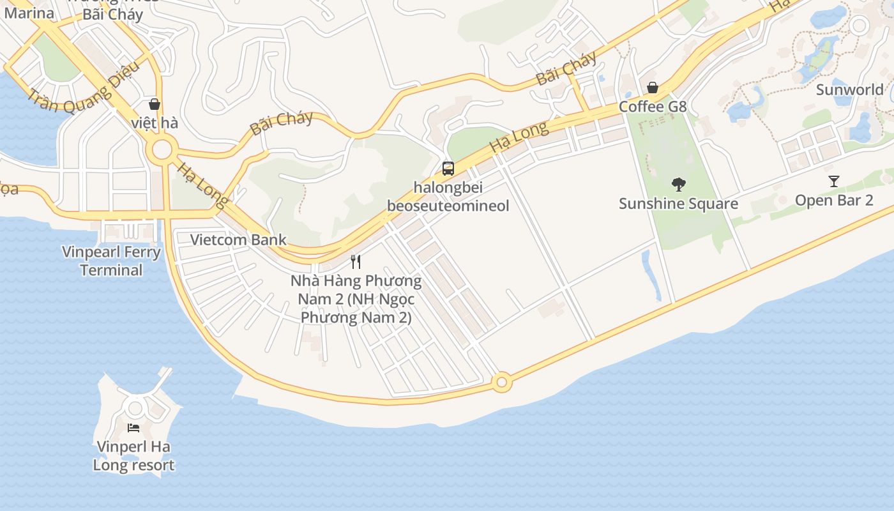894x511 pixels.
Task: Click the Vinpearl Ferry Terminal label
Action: tap(112, 261)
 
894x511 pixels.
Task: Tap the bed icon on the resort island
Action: tap(133, 427)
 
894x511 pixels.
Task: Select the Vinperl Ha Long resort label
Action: tap(133, 455)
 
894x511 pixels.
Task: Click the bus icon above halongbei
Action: tap(448, 169)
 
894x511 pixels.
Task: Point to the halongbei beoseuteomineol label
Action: tap(448, 196)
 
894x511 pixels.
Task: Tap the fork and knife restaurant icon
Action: tap(356, 261)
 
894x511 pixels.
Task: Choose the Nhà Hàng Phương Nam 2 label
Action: tap(356, 299)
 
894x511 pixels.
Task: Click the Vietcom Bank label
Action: tap(238, 240)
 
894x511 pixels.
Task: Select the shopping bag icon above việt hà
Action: tap(154, 104)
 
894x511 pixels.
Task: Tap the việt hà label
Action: tap(154, 122)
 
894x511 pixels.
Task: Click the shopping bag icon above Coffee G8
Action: tap(653, 88)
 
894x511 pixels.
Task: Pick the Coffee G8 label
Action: tap(653, 106)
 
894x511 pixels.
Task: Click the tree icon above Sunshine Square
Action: tap(678, 185)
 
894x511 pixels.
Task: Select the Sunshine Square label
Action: tap(678, 204)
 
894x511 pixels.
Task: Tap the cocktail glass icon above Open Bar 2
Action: tap(833, 181)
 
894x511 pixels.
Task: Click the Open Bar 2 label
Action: tap(833, 200)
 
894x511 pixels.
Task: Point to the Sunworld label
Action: tap(849, 89)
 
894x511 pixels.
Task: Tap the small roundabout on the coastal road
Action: tap(501, 383)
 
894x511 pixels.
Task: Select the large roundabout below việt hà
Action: tap(162, 151)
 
